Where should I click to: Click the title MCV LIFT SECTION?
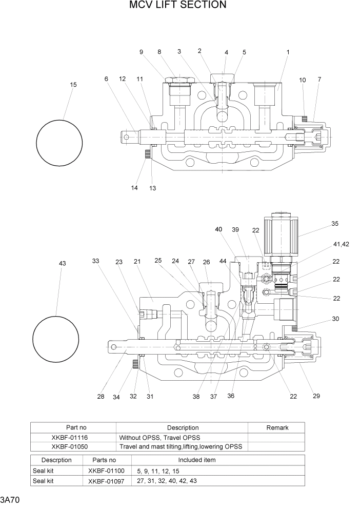point(177,6)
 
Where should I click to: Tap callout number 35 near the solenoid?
point(334,224)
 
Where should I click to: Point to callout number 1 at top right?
point(288,52)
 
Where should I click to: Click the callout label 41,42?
point(341,244)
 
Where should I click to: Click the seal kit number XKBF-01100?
point(106,471)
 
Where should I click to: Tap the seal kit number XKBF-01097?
point(106,481)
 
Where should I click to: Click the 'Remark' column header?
point(277,427)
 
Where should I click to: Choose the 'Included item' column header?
point(196,460)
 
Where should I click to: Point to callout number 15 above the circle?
point(73,85)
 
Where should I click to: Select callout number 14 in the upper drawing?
point(134,188)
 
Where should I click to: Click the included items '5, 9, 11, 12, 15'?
point(158,471)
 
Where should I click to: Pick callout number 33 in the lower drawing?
point(95,261)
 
